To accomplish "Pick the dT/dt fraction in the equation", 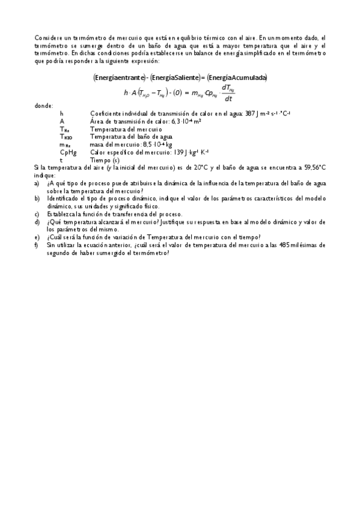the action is click(x=228, y=93).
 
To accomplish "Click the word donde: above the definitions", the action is click(x=44, y=106).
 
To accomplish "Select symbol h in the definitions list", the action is click(x=62, y=114).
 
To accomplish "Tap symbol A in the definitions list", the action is click(x=62, y=121).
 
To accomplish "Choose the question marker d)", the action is click(x=37, y=222).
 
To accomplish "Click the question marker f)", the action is click(x=37, y=245).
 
